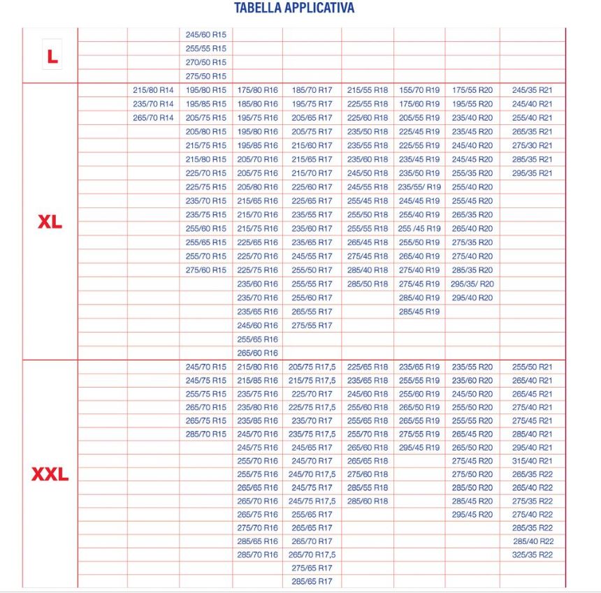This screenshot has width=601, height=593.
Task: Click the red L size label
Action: click(51, 57)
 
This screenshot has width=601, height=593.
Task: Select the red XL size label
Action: click(50, 222)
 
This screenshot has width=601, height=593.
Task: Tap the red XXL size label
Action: click(50, 475)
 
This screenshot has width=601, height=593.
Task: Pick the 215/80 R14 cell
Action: click(153, 90)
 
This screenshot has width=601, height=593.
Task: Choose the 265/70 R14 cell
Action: click(153, 117)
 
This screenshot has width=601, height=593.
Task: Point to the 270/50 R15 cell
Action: click(206, 62)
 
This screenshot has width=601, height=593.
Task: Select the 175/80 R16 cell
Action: click(257, 90)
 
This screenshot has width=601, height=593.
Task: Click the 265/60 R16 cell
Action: click(257, 353)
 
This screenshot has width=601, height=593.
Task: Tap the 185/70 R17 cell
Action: click(312, 90)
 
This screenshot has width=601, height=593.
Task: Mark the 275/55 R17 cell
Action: click(312, 325)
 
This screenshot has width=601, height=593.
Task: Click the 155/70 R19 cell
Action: click(419, 90)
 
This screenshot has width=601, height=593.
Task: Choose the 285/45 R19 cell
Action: click(419, 312)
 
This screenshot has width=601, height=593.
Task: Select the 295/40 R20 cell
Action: click(472, 298)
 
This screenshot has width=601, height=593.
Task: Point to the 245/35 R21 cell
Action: click(532, 90)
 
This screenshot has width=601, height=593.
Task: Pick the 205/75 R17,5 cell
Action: click(312, 367)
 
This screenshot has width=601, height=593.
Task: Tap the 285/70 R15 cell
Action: click(206, 434)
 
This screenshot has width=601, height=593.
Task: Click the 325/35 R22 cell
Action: click(532, 555)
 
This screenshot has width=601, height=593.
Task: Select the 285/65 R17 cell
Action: click(312, 581)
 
